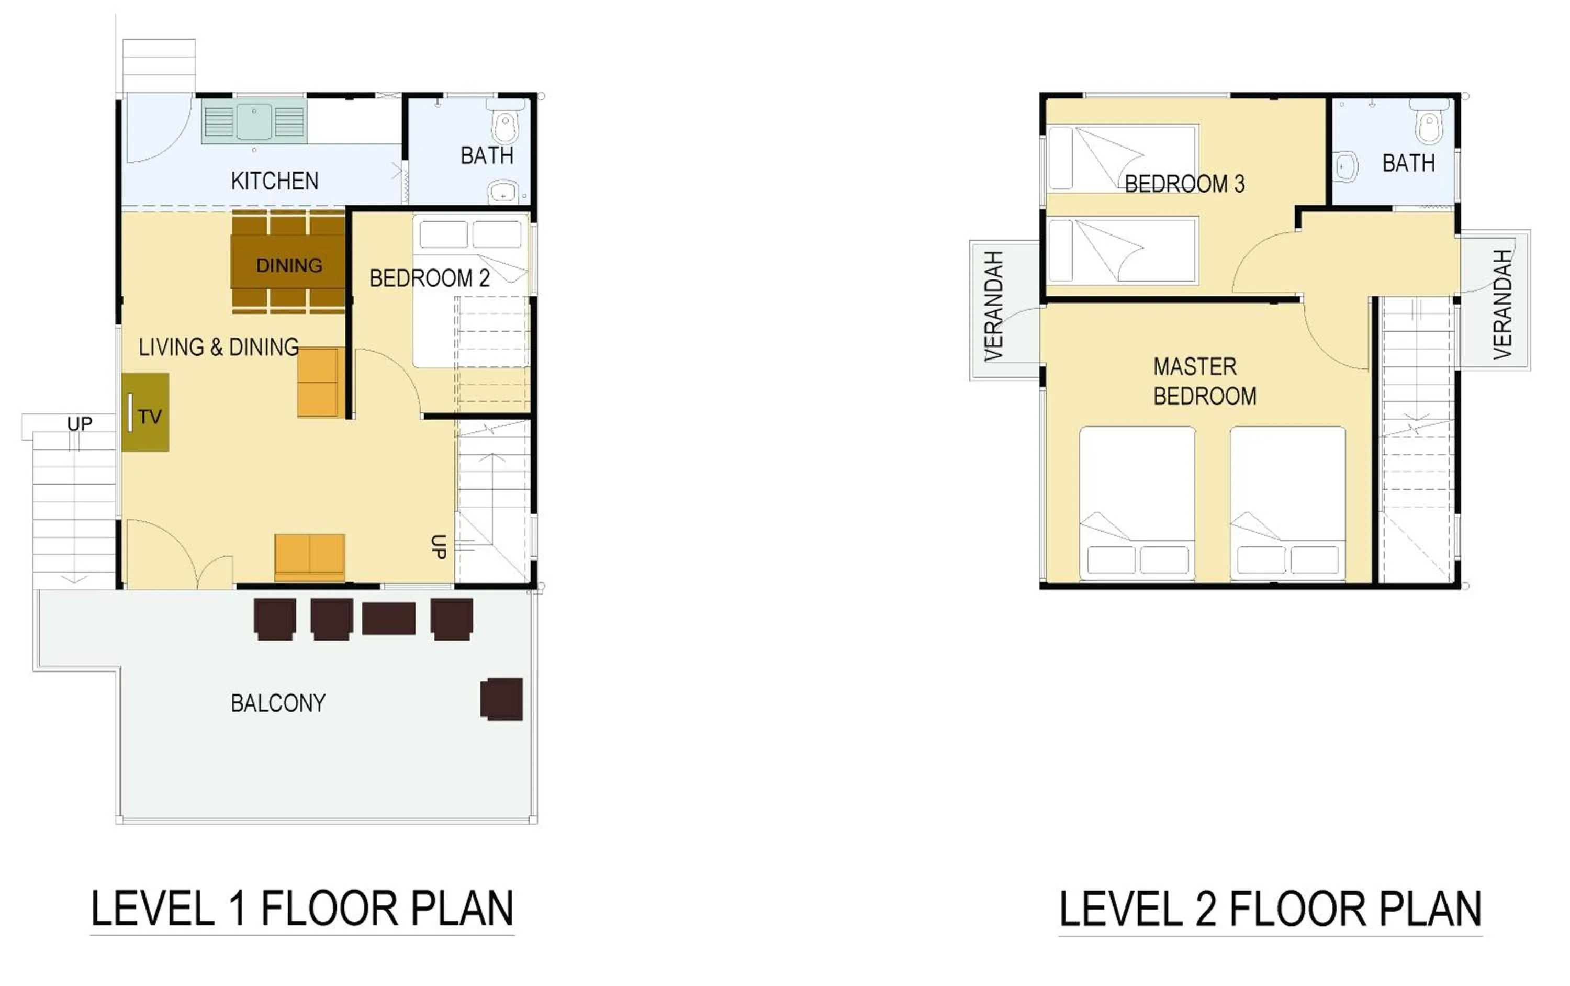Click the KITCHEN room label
click(x=275, y=181)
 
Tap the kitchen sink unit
click(x=254, y=121)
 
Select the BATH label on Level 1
click(x=486, y=156)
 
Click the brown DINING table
click(x=288, y=265)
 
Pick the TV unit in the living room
click(x=145, y=412)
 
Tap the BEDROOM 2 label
click(x=429, y=278)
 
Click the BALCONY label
click(x=278, y=703)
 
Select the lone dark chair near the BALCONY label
click(x=502, y=699)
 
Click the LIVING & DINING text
click(x=218, y=347)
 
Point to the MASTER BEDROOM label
click(x=1204, y=382)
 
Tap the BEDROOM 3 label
click(x=1184, y=184)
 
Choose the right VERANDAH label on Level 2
click(x=1502, y=304)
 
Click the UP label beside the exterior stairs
click(x=80, y=424)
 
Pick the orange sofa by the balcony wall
click(x=310, y=557)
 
